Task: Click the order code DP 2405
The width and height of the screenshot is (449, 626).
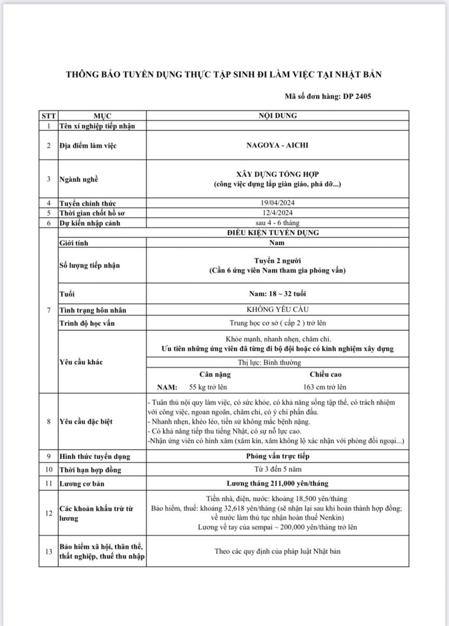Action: [357, 96]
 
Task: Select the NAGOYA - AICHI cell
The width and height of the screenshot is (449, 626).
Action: [277, 145]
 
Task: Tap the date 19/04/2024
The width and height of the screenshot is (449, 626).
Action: [277, 203]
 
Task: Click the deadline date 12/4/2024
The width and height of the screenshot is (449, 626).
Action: [277, 213]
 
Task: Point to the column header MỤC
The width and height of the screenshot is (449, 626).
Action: [102, 116]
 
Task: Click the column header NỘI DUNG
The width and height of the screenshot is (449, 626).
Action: [277, 116]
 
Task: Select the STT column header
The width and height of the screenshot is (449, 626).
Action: [48, 116]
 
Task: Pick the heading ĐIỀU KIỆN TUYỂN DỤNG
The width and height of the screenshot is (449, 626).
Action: [277, 233]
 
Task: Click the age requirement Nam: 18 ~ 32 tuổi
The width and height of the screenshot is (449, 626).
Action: [277, 294]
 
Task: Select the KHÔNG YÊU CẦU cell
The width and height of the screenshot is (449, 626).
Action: [277, 310]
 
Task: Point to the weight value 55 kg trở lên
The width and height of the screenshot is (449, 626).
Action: [208, 387]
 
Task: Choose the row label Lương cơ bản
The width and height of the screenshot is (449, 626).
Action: [82, 484]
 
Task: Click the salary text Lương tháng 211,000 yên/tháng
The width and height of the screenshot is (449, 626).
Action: [277, 484]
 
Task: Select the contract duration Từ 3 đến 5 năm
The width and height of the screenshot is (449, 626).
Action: [277, 470]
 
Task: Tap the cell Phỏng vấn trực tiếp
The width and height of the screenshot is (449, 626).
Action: [277, 456]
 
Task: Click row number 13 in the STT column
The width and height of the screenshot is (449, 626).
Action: [48, 551]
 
